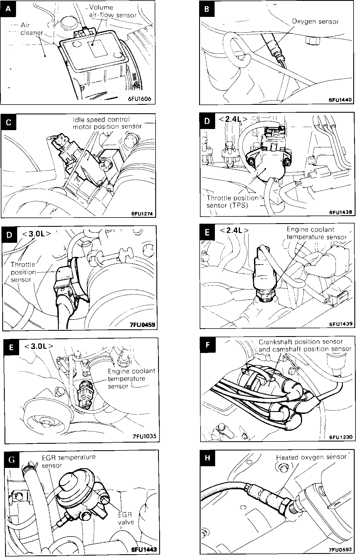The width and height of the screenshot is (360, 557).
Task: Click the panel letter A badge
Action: click(8, 9)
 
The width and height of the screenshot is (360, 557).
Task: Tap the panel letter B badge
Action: click(207, 9)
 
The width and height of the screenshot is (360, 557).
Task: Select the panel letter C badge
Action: click(8, 123)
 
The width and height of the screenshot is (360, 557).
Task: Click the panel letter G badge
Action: click(11, 460)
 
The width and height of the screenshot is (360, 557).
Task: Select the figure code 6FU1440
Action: click(340, 100)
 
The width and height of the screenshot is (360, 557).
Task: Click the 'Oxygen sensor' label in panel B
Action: click(315, 21)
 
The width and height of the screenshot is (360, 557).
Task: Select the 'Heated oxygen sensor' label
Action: click(311, 457)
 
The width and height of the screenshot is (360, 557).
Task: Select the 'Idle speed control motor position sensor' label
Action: click(107, 123)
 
